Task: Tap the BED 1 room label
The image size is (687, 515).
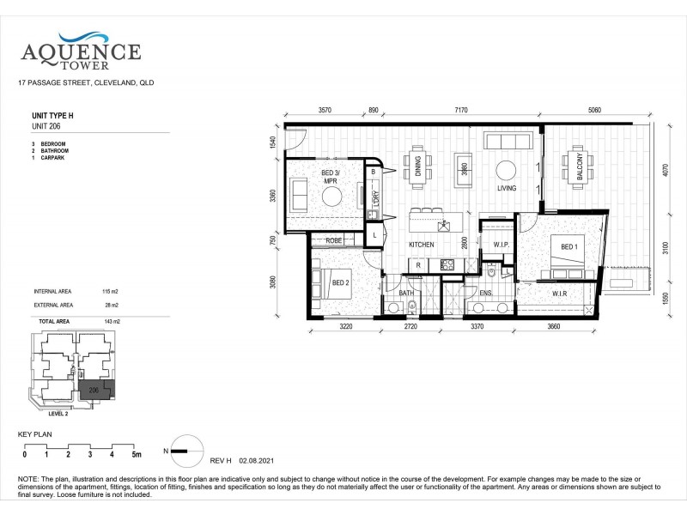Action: coord(569,247)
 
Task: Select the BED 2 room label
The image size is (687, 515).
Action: coord(339,282)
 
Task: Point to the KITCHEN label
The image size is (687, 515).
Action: coord(422,245)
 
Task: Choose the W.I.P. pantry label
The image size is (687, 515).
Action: coord(502,245)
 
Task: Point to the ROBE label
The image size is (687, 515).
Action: coord(333,240)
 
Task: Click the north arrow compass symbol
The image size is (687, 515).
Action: coord(183,445)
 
